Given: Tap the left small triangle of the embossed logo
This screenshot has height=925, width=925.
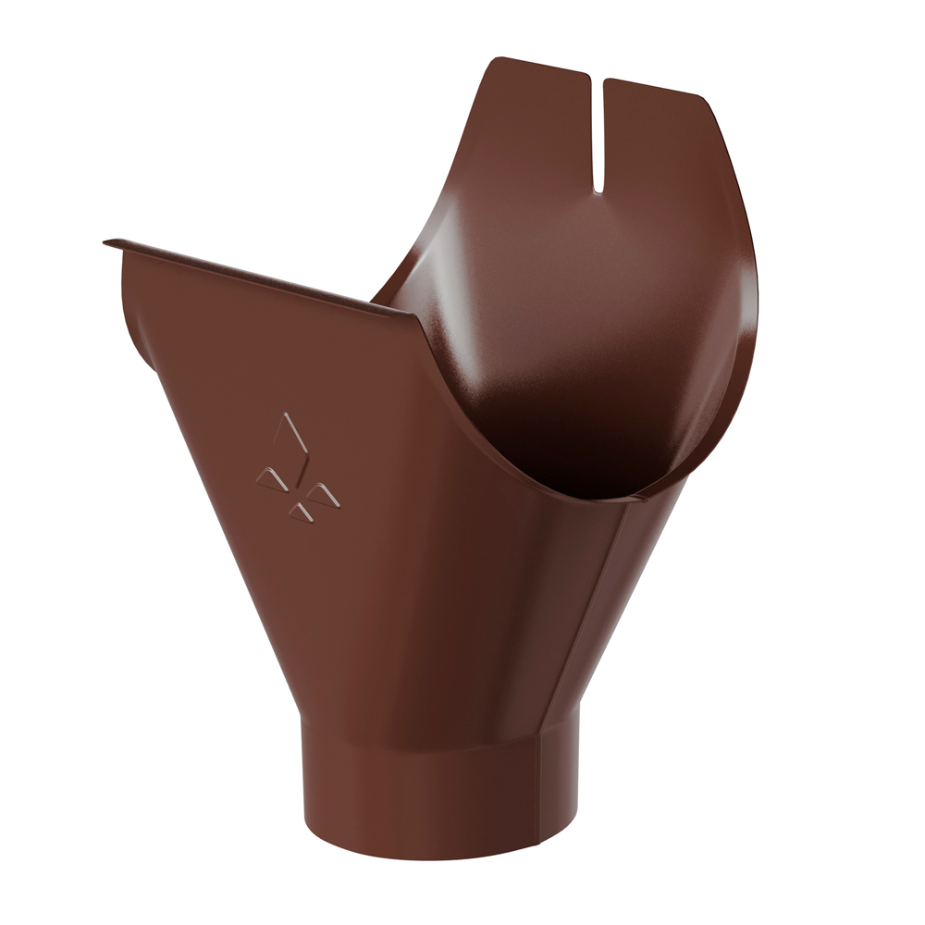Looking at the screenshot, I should tap(269, 476).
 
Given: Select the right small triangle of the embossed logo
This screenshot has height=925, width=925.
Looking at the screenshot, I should tap(324, 496).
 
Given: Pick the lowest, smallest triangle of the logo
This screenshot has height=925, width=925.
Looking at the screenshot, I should tap(300, 511).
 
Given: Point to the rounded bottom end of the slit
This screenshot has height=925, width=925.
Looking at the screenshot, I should tap(598, 190).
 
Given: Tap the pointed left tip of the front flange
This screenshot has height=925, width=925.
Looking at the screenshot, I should tap(106, 243).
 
